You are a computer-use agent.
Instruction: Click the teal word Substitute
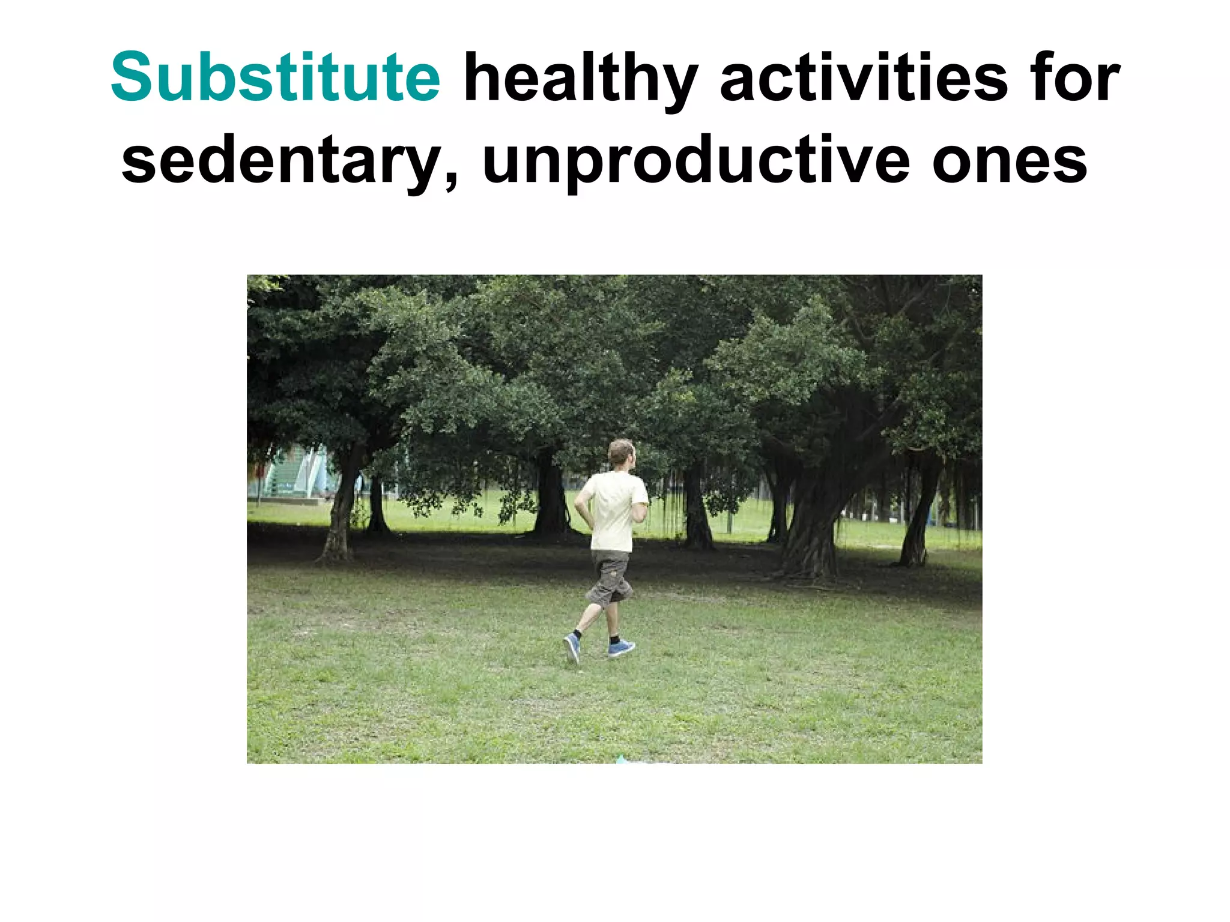[x=276, y=78]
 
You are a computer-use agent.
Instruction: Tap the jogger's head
[x=621, y=453]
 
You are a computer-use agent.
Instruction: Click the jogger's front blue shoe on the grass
[x=620, y=648]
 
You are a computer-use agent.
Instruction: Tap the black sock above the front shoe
[x=614, y=639]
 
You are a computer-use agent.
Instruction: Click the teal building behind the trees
[x=294, y=474]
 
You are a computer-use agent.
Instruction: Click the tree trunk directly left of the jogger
[x=550, y=498]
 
